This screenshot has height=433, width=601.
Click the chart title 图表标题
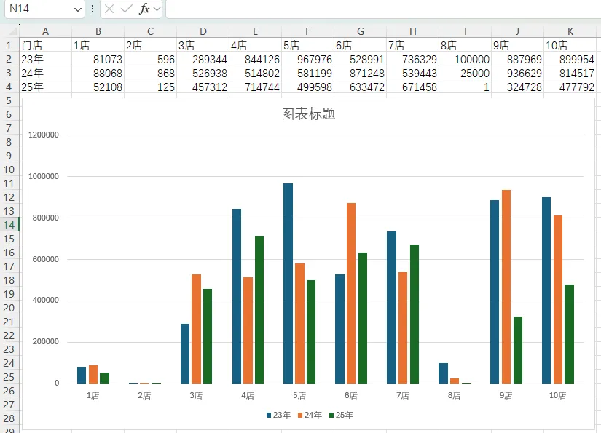click(x=309, y=114)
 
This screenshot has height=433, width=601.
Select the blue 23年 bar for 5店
click(x=288, y=283)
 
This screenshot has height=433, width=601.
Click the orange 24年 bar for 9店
click(x=506, y=287)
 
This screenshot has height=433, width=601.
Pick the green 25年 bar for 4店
click(x=259, y=309)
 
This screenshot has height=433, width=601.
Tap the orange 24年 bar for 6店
click(x=351, y=293)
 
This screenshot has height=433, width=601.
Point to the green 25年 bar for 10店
click(x=570, y=334)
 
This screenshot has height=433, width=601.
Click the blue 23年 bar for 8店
click(x=443, y=373)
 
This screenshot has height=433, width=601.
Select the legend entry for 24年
click(x=310, y=415)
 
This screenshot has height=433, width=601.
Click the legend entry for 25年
click(x=341, y=415)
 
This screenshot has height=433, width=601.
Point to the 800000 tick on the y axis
click(x=46, y=218)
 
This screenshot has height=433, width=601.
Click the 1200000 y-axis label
click(x=44, y=135)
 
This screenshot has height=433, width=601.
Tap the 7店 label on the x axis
click(x=403, y=395)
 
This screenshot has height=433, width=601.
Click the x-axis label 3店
click(x=196, y=395)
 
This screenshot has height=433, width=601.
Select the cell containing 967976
click(x=307, y=60)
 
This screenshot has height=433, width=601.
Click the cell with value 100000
click(x=466, y=60)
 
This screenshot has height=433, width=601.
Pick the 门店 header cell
click(x=46, y=46)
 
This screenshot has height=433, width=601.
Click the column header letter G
click(x=361, y=31)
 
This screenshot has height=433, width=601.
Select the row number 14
click(x=9, y=225)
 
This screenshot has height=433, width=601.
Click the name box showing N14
click(x=45, y=9)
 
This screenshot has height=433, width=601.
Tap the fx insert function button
click(x=144, y=9)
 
